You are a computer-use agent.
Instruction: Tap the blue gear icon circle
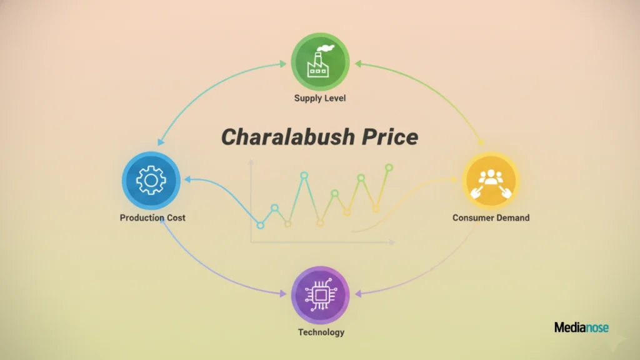[151, 181]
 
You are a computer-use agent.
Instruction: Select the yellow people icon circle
[491, 181]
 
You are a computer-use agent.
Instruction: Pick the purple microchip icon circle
[321, 295]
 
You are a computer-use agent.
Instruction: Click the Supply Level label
[320, 98]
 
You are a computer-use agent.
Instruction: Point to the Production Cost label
[152, 218]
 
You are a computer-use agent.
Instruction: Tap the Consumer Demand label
[491, 218]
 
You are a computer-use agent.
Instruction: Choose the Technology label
[321, 332]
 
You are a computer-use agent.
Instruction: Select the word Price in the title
[389, 137]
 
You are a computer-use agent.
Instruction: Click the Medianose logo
[581, 327]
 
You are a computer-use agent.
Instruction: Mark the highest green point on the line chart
[389, 167]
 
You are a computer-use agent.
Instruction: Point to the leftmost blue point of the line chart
[261, 225]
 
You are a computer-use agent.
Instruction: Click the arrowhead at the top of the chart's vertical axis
[251, 162]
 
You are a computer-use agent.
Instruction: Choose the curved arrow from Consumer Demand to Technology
[437, 269]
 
